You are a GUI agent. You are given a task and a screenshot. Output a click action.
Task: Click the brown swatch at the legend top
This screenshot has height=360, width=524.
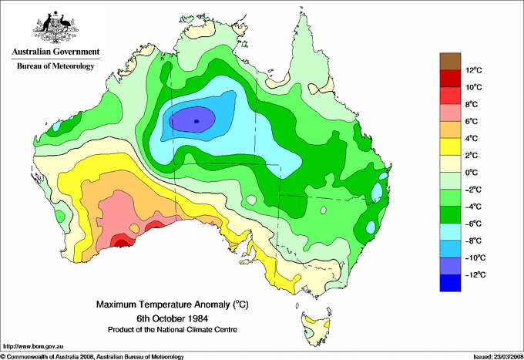[x=449, y=61]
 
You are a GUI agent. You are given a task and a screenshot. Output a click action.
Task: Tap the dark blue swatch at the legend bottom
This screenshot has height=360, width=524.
[x=449, y=283]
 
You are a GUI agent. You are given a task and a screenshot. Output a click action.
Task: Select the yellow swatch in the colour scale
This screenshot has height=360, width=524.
[x=449, y=146]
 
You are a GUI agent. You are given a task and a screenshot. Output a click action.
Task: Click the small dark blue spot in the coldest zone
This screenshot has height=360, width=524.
[x=197, y=121]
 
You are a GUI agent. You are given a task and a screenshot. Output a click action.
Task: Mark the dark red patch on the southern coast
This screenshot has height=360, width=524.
[x=121, y=242]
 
